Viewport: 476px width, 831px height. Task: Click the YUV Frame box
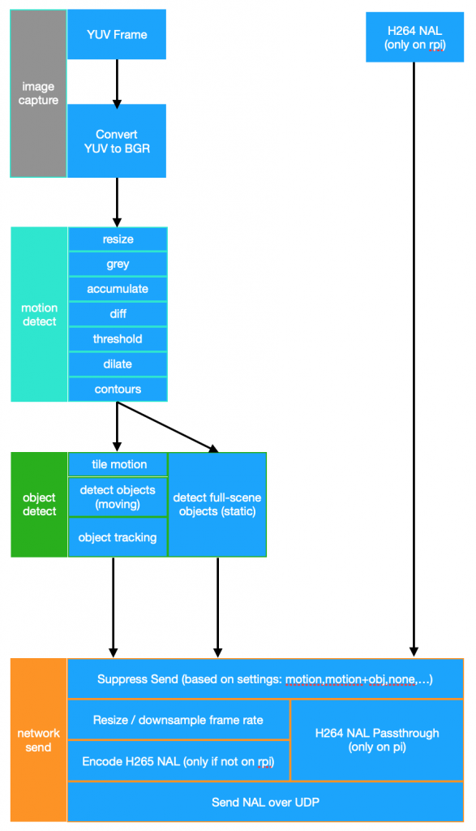[117, 34]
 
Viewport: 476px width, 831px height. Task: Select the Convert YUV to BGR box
[117, 141]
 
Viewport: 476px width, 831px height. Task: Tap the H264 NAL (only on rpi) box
[414, 37]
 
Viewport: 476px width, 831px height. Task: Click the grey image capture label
[38, 93]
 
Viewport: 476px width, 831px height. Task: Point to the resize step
[118, 239]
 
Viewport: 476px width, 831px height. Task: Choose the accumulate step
[118, 289]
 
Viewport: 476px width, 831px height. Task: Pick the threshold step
[118, 338]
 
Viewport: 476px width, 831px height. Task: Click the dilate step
[118, 364]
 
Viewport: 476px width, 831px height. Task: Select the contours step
[118, 389]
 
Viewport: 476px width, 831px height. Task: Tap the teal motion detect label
[39, 314]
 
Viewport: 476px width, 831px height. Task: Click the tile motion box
[118, 464]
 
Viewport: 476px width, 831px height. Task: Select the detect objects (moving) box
[118, 497]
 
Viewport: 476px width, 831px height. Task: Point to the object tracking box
[118, 537]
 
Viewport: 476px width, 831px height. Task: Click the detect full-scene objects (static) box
[217, 505]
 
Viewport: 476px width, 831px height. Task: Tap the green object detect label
[39, 505]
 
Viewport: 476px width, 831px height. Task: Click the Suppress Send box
[265, 679]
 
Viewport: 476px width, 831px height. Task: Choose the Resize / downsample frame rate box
[178, 720]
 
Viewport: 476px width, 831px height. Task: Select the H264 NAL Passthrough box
[378, 740]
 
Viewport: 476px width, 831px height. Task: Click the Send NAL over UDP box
[265, 802]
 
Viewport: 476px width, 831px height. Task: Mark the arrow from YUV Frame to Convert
[117, 84]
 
